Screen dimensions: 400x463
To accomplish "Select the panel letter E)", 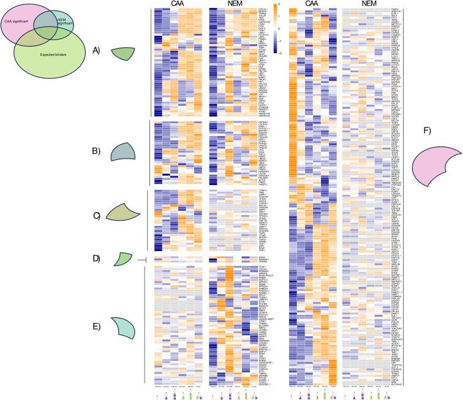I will tap(96, 325).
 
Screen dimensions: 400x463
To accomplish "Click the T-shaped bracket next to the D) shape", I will tap(141, 260).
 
